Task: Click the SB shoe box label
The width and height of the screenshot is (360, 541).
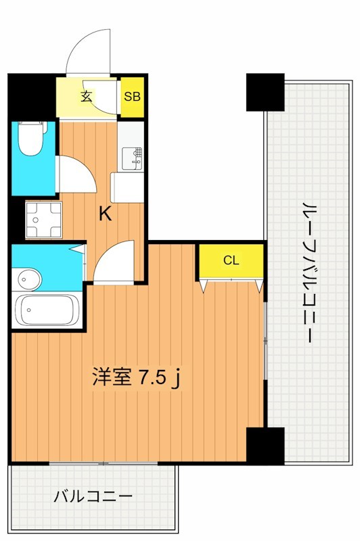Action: pyautogui.click(x=132, y=95)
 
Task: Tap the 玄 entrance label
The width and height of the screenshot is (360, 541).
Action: pyautogui.click(x=87, y=95)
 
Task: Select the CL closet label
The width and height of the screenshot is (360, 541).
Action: pyautogui.click(x=231, y=260)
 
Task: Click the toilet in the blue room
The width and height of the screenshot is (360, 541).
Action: pyautogui.click(x=30, y=140)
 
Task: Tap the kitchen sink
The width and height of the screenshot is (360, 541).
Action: pyautogui.click(x=133, y=158)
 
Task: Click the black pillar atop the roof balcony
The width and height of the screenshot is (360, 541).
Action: pyautogui.click(x=265, y=92)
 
